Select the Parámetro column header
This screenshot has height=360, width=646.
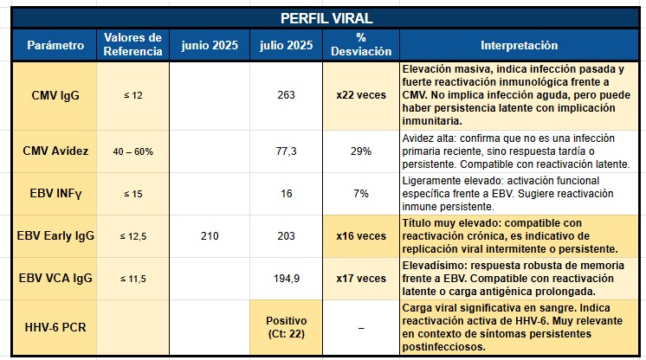(55, 45)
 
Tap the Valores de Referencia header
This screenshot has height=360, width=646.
(132, 45)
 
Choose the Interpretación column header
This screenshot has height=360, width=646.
(519, 45)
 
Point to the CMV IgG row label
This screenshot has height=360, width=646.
(55, 95)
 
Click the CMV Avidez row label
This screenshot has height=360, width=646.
(55, 151)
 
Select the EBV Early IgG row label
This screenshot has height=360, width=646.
(55, 235)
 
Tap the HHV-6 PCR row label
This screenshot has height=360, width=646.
(55, 328)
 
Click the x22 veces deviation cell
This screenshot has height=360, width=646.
(361, 95)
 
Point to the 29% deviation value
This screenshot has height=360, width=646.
(361, 151)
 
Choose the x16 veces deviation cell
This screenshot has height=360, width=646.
(361, 235)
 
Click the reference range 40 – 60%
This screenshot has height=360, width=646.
(132, 151)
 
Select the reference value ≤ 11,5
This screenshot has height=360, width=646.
(132, 279)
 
